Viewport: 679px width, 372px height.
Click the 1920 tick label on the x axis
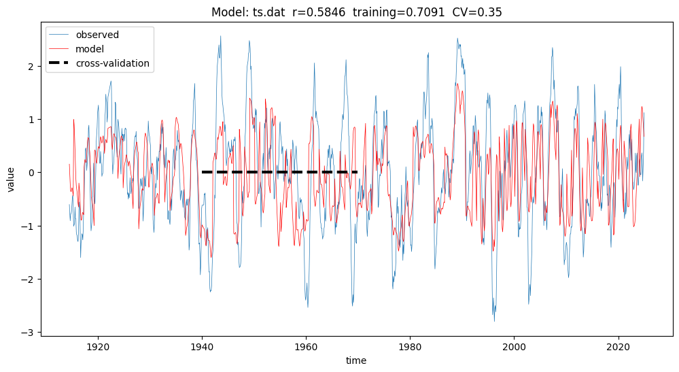tap(98, 345)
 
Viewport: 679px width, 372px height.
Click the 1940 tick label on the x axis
tap(202, 345)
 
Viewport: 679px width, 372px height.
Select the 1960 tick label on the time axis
tap(306, 345)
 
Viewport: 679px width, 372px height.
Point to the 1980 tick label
tap(410, 345)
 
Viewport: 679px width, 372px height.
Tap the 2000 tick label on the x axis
tap(514, 345)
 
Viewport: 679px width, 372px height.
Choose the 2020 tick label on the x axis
tap(618, 345)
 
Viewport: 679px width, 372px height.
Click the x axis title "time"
tap(355, 360)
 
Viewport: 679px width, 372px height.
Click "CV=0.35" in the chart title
tap(479, 13)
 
